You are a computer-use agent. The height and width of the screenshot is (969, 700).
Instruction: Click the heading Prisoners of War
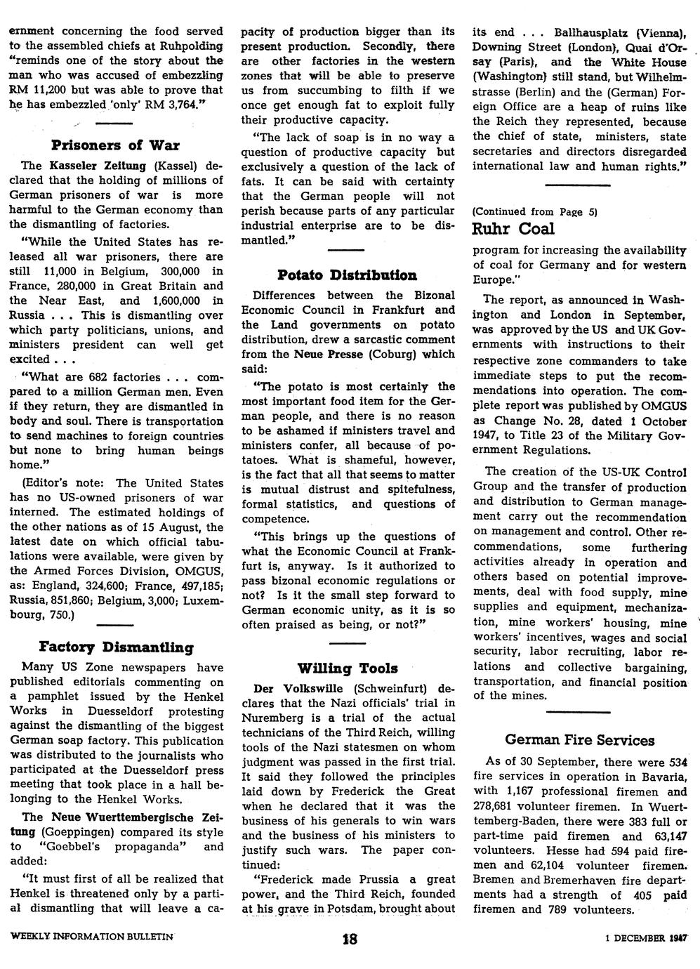[116, 145]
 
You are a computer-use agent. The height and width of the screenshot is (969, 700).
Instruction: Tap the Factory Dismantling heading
[116, 647]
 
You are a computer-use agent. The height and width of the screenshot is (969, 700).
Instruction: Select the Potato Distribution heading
[347, 275]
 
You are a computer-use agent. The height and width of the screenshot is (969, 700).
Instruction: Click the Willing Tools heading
[347, 668]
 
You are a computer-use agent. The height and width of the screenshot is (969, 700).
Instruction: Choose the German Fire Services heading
[579, 740]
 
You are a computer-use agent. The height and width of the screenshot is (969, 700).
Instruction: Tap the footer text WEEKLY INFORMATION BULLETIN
[91, 937]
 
